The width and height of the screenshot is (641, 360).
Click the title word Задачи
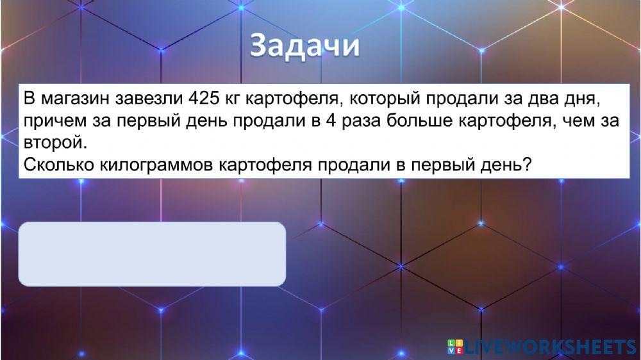(304, 47)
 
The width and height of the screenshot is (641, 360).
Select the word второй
(53, 142)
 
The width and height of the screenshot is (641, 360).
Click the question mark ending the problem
(527, 164)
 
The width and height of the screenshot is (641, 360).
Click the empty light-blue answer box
(152, 254)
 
